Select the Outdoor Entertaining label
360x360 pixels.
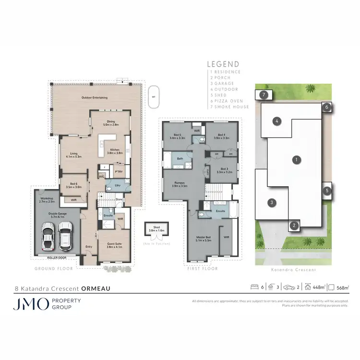(x=94, y=98)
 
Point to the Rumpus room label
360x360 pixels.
(x=180, y=182)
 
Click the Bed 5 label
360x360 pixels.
(x=177, y=136)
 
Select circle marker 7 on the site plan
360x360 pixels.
(x=264, y=95)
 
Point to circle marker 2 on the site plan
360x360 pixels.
(x=294, y=225)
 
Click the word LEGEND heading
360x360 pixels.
(x=222, y=64)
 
